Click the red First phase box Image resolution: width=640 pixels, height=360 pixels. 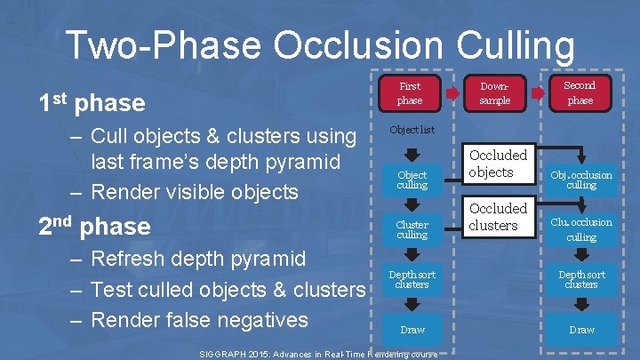coord(410,93)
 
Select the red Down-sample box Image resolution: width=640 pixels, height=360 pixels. coord(495,93)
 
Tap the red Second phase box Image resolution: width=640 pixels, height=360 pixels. coord(580,92)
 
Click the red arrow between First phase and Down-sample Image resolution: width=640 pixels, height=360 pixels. coord(452,93)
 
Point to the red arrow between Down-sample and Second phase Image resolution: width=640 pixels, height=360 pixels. coord(538,93)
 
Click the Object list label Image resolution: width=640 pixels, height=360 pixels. coord(412,130)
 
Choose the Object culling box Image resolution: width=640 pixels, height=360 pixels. coord(412,180)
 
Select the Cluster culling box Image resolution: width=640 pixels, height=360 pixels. coord(412,229)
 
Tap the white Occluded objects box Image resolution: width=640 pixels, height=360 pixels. coord(498,164)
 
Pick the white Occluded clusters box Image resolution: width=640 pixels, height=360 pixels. coord(498,217)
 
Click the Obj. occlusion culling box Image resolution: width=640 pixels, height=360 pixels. coord(581,180)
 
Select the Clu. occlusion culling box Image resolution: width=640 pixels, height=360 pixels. coord(581,229)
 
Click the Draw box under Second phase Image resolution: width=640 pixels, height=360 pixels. coord(581,329)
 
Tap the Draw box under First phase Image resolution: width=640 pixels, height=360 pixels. coord(412,329)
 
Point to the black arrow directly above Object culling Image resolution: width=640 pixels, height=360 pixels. coord(412,153)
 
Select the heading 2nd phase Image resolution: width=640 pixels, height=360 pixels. coord(93,226)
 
